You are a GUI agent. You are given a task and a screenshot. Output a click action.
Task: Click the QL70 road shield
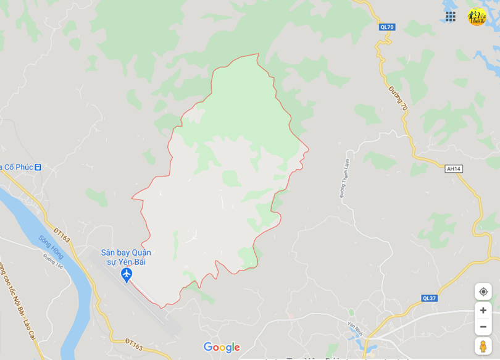[x=387, y=27]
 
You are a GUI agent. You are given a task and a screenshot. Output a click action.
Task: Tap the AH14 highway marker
[x=454, y=169]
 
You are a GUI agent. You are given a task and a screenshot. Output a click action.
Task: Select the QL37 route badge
[x=429, y=298]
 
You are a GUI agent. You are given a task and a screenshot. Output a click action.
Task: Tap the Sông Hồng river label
[x=51, y=247]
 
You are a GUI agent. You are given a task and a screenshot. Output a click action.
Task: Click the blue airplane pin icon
[x=127, y=274]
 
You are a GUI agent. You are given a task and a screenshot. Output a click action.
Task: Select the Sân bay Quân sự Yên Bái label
[x=126, y=257]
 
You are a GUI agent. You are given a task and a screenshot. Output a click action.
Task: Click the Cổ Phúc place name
[x=17, y=167]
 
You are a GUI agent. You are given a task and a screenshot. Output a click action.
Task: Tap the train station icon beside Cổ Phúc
[x=38, y=167]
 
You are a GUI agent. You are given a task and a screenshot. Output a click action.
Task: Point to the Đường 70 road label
[x=398, y=98]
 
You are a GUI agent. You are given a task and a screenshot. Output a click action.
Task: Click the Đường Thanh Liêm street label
[x=345, y=177]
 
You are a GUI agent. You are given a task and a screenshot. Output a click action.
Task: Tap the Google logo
[x=222, y=347]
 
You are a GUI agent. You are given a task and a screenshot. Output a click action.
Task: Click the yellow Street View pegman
[x=483, y=346]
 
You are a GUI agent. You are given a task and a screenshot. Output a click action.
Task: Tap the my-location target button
[x=483, y=291]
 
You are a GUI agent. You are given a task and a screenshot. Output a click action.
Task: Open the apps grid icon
[x=451, y=17]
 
